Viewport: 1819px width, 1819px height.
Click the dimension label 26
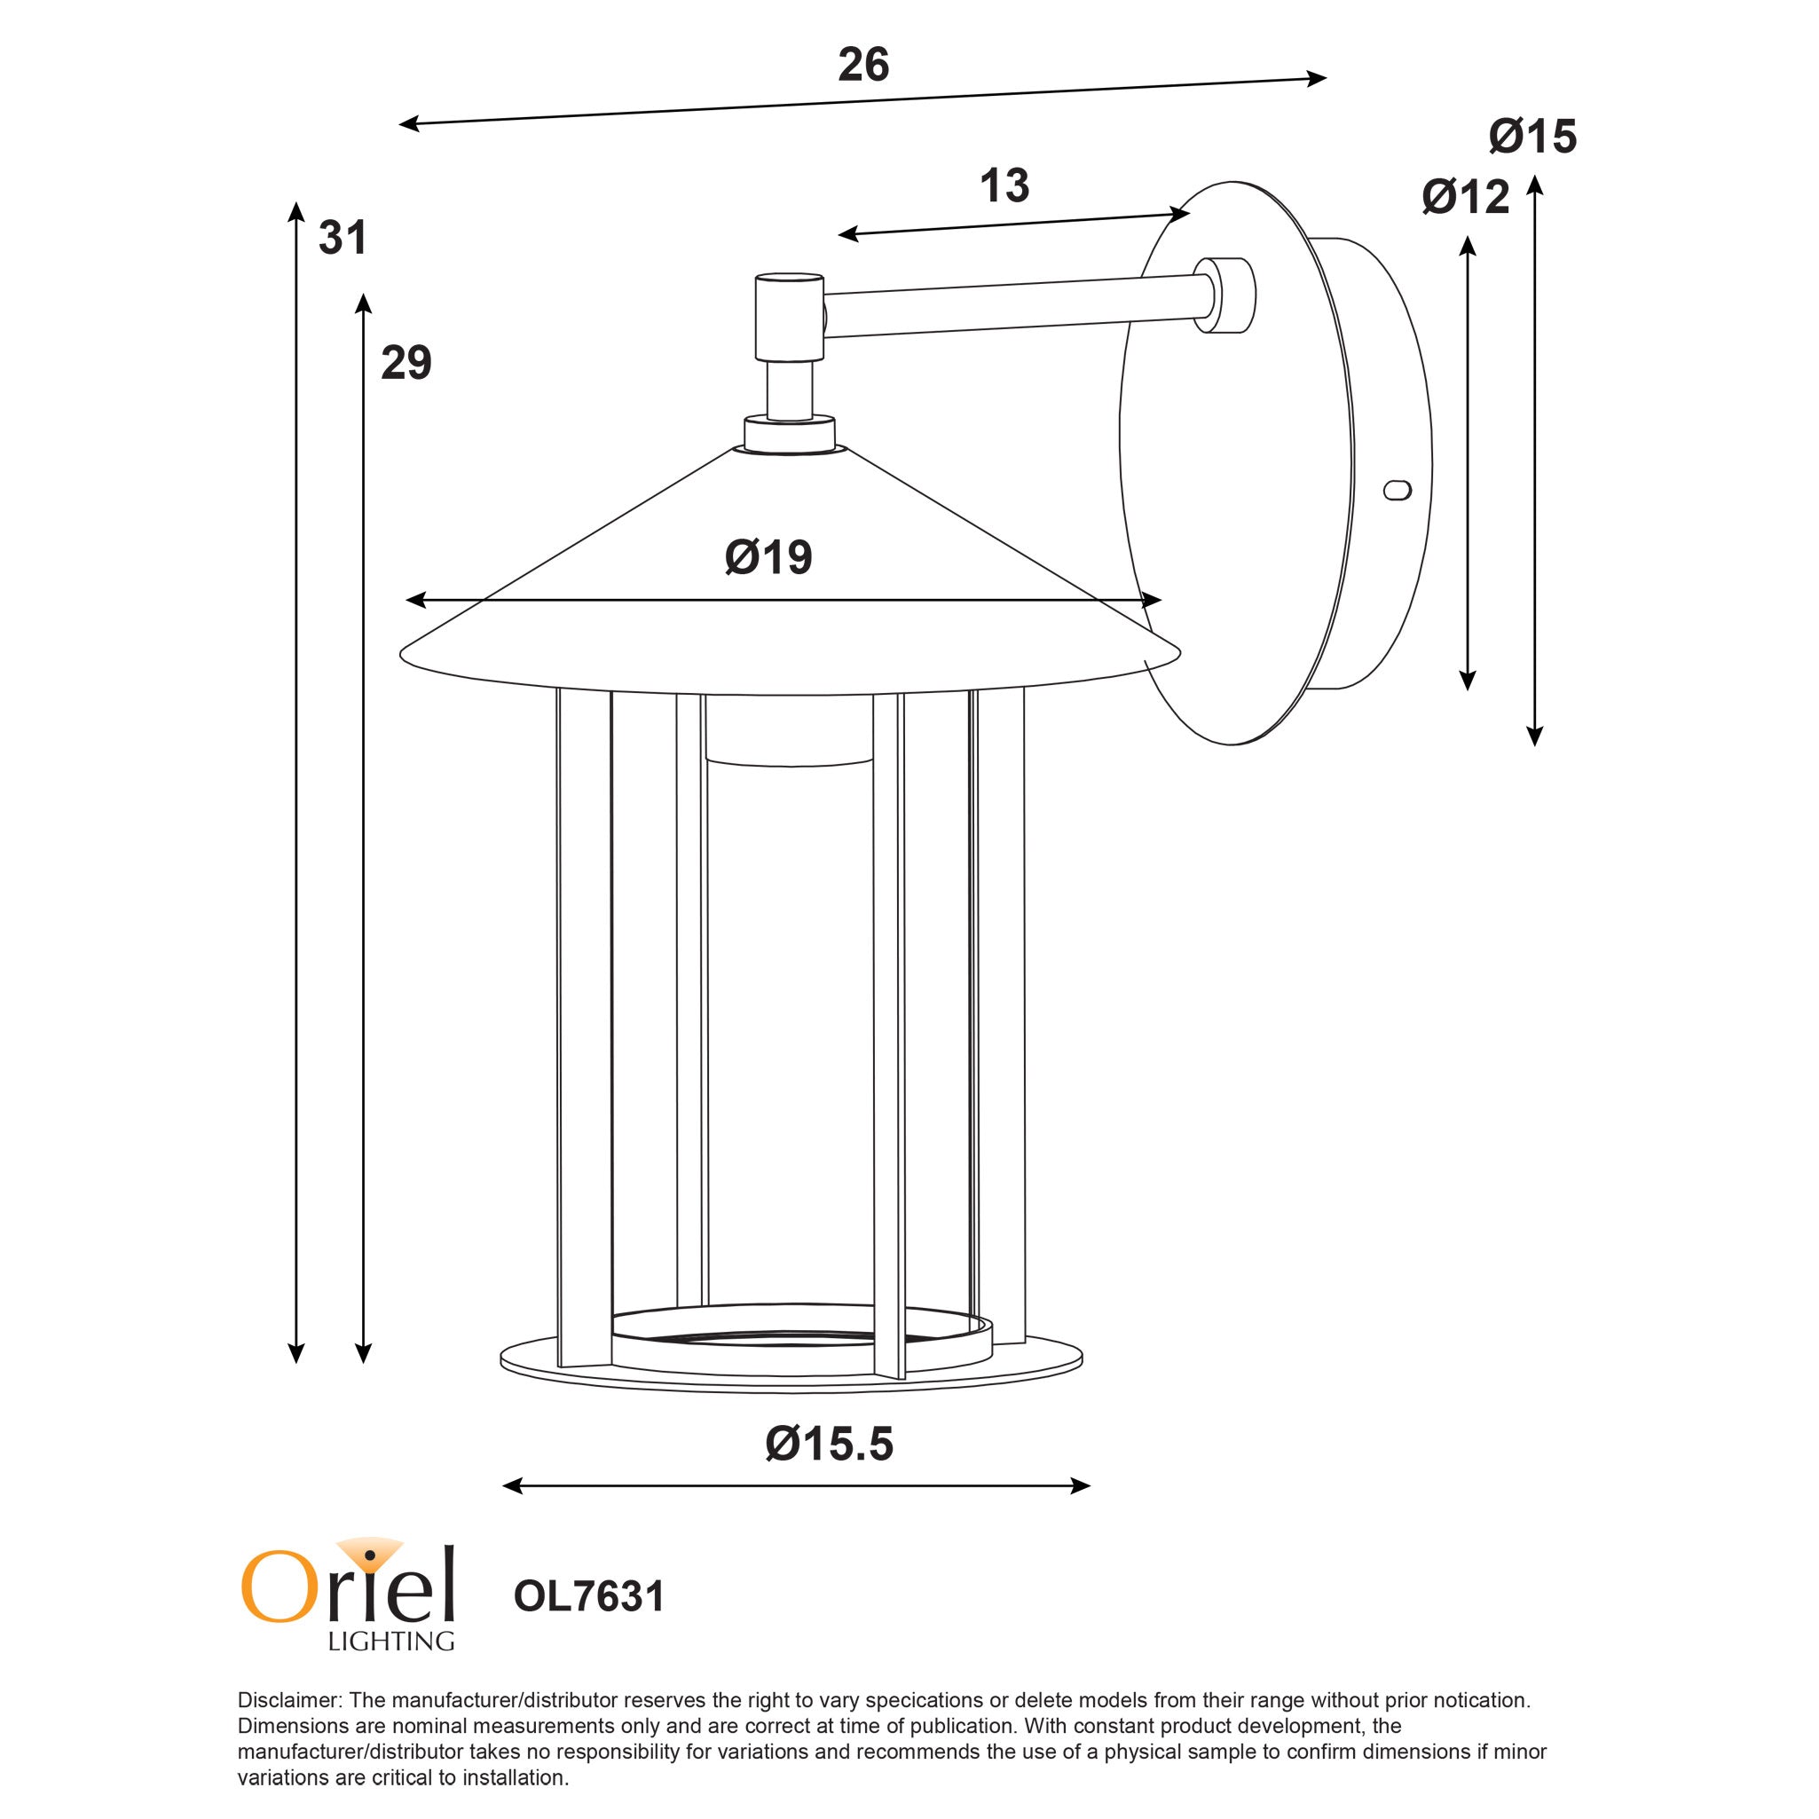(862, 65)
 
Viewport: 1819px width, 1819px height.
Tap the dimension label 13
(1004, 185)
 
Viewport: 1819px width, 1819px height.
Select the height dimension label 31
(342, 237)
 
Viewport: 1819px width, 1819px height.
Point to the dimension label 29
(406, 363)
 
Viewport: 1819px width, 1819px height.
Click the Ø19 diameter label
(768, 557)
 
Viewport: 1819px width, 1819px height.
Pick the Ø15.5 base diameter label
(829, 1444)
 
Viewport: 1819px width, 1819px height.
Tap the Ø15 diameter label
(1532, 137)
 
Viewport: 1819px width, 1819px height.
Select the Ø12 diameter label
(1465, 197)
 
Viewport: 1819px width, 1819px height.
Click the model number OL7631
(588, 1596)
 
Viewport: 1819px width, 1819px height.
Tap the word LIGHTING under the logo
(390, 1641)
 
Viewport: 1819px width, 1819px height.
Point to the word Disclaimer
(288, 1700)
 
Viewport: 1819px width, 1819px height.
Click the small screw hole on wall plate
(1398, 490)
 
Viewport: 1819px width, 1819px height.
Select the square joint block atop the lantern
(789, 318)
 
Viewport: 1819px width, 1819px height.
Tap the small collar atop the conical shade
(789, 434)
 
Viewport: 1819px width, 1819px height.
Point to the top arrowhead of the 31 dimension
(295, 209)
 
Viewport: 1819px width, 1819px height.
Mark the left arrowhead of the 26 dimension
(406, 123)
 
